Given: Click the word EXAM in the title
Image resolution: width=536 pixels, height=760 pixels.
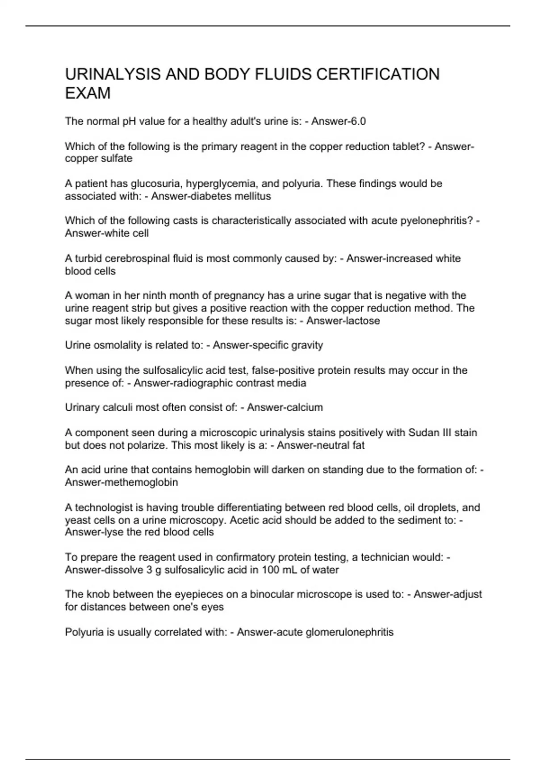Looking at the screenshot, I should [x=88, y=93].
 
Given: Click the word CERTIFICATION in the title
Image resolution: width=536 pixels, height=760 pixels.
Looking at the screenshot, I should [x=378, y=74].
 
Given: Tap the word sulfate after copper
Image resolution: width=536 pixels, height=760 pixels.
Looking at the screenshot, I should [x=117, y=159].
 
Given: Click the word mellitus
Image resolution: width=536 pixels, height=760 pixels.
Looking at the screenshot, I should [x=253, y=196].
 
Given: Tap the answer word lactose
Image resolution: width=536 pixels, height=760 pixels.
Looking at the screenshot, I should [x=362, y=321].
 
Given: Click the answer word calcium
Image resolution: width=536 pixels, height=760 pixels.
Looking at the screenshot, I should [x=305, y=407].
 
